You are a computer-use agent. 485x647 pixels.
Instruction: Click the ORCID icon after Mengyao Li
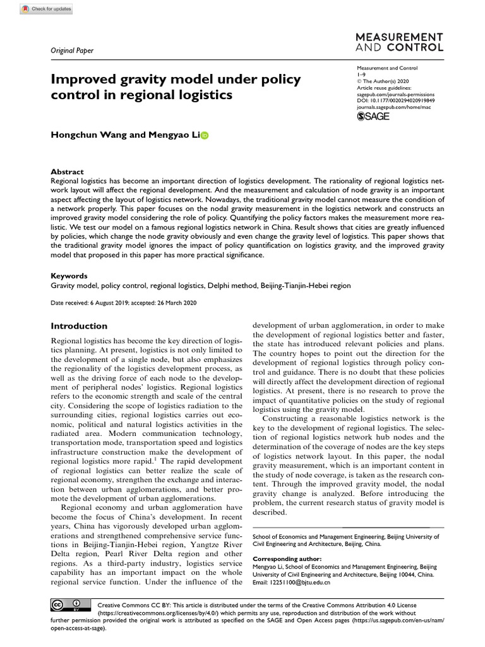click(x=203, y=135)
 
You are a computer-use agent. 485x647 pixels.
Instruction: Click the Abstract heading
click(x=68, y=171)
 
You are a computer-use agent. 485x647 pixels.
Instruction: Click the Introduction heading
click(x=79, y=326)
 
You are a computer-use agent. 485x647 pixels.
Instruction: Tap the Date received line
click(x=124, y=303)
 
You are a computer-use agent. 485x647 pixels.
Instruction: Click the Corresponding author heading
click(x=287, y=559)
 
